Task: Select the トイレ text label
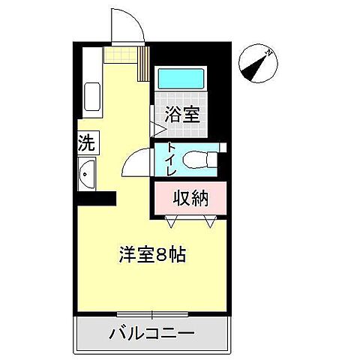click(171, 159)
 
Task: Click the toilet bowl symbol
click(200, 160)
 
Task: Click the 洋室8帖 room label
click(152, 253)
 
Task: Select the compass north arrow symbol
click(257, 64)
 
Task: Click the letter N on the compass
click(268, 52)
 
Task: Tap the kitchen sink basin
click(92, 97)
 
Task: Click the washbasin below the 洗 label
click(87, 176)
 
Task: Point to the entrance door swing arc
click(126, 22)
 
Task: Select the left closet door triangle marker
click(172, 222)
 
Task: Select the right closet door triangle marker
click(211, 222)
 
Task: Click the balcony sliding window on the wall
click(151, 313)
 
